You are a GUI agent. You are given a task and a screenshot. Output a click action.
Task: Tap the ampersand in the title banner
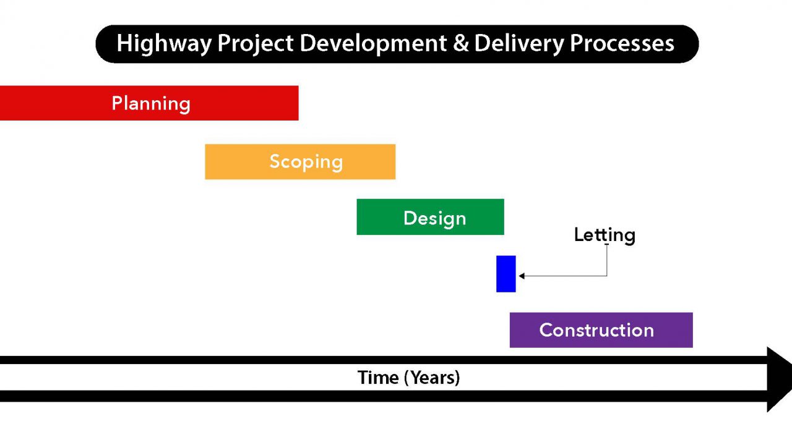[460, 44]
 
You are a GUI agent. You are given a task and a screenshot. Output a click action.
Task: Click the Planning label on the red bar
[151, 103]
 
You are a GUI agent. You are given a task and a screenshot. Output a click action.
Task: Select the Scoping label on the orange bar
[306, 162]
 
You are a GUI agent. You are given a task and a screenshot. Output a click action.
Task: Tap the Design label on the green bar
[434, 218]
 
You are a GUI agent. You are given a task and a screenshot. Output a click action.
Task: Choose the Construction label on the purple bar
[596, 330]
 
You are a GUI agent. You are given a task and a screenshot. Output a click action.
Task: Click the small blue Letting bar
[506, 274]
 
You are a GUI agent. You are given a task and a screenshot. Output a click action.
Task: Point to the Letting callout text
[605, 235]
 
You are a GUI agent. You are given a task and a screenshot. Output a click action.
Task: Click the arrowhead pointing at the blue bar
[522, 276]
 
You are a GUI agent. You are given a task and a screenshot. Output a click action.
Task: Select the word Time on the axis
[379, 378]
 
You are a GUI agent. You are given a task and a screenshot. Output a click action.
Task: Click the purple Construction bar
[674, 330]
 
